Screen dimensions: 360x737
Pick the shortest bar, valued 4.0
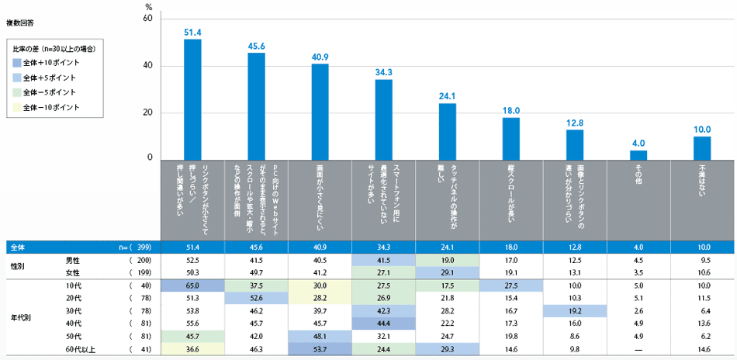[638, 154]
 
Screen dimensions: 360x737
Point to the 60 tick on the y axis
[147, 18]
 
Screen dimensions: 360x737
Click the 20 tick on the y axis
[147, 112]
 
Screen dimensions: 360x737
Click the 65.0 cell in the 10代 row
[192, 286]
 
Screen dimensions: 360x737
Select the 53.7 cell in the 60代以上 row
[320, 351]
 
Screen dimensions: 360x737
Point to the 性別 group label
[16, 266]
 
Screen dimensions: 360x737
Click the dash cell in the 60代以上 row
[638, 351]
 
